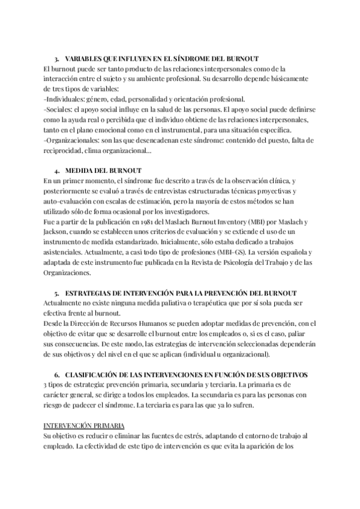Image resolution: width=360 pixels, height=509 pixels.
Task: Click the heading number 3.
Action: click(x=56, y=59)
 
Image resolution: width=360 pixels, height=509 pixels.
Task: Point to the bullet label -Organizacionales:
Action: click(x=77, y=140)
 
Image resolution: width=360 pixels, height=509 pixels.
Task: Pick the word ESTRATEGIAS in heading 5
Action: click(x=91, y=294)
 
